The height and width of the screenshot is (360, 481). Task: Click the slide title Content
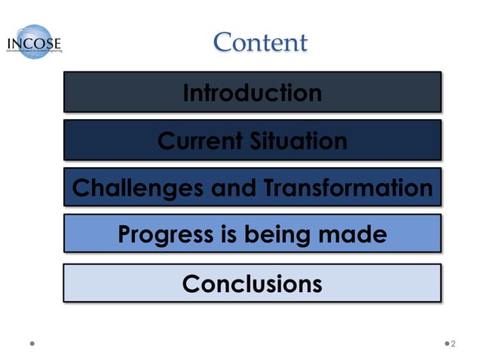click(x=260, y=43)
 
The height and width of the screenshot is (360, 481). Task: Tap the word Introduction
click(x=252, y=93)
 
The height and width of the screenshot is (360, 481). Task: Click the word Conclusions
click(x=252, y=284)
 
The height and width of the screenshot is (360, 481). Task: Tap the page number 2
click(x=454, y=344)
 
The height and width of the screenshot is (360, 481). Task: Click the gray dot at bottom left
click(x=33, y=344)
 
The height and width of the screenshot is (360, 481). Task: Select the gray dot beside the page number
click(x=444, y=344)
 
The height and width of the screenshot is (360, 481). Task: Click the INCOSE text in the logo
click(x=34, y=43)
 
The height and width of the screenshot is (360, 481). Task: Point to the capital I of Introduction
click(x=186, y=93)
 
